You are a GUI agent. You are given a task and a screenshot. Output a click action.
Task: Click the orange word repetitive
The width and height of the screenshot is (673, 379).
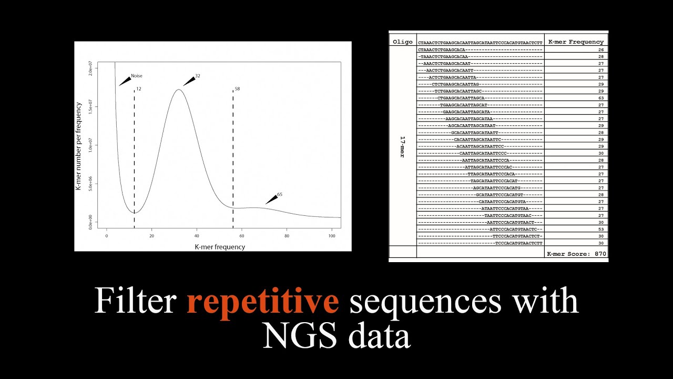coord(262,302)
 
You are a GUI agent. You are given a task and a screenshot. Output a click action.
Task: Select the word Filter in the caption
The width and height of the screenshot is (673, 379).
coord(135,302)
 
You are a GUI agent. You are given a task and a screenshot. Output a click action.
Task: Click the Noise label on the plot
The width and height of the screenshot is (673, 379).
coord(137,76)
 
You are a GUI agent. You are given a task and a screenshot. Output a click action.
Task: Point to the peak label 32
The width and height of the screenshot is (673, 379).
coord(198,76)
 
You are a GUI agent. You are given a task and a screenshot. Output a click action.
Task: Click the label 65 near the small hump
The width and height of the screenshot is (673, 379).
coord(280,194)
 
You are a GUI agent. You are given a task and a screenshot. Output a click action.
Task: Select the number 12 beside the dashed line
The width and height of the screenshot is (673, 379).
coord(139,89)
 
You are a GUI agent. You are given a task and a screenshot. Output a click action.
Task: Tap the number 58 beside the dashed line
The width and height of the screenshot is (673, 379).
coord(237,89)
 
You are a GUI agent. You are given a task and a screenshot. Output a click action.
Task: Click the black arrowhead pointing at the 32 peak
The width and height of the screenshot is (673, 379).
coord(188,81)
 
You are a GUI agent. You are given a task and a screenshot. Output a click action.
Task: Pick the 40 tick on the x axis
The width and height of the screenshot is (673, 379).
coord(197,236)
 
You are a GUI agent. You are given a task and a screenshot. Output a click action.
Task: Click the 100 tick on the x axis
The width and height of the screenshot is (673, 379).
coord(331,236)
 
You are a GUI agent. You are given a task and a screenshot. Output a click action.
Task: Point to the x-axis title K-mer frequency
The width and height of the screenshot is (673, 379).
coord(220,246)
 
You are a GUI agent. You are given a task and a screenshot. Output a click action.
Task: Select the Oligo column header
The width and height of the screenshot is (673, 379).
coord(402,42)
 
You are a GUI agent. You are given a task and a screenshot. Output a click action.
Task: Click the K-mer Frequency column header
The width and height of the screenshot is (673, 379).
coord(576,42)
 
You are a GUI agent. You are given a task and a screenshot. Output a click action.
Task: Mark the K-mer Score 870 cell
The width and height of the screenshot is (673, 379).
coord(576,254)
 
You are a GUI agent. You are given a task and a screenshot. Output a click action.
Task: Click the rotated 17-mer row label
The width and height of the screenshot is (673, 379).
coord(402,147)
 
